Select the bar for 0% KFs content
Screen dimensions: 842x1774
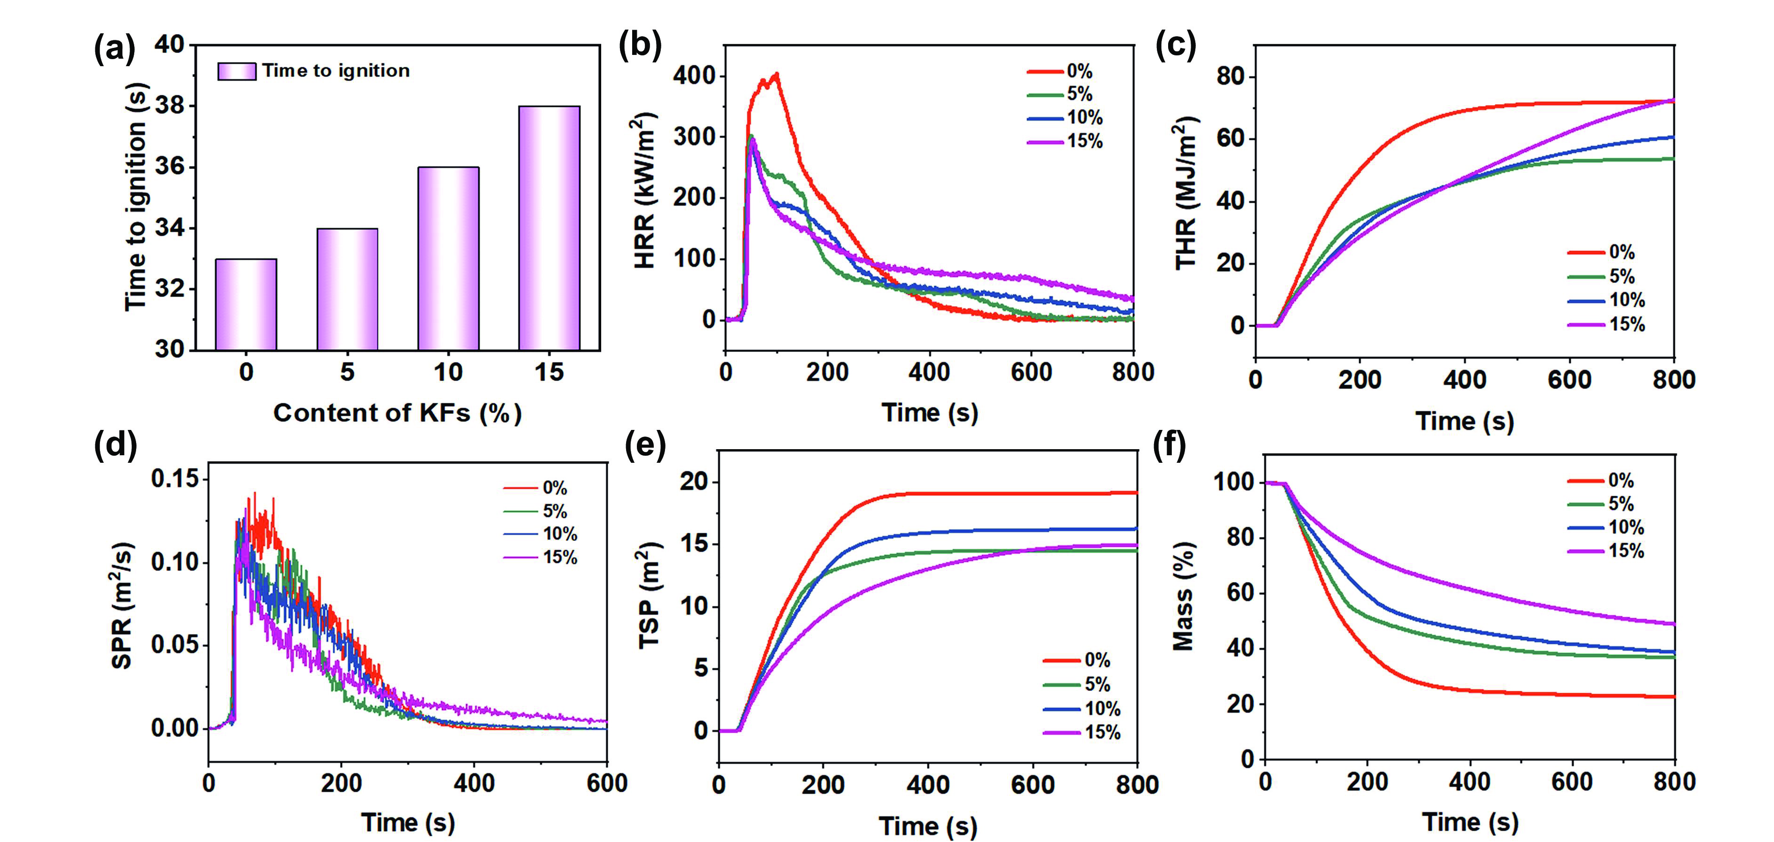pyautogui.click(x=246, y=304)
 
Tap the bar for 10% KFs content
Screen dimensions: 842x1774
pyautogui.click(x=448, y=258)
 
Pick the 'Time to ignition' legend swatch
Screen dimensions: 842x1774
pyautogui.click(x=236, y=71)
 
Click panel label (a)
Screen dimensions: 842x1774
pyautogui.click(x=115, y=50)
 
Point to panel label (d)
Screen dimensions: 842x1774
pyautogui.click(x=115, y=444)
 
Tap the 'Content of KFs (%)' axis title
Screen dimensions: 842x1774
pyautogui.click(x=398, y=413)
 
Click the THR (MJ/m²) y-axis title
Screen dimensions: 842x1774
pyautogui.click(x=1186, y=193)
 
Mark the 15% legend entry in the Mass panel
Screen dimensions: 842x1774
pyautogui.click(x=1606, y=551)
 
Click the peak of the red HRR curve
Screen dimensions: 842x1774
pyautogui.click(x=777, y=74)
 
